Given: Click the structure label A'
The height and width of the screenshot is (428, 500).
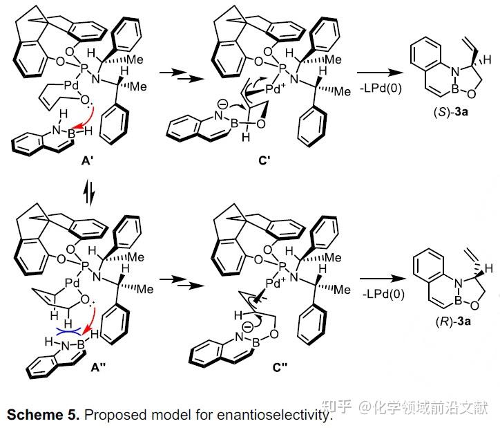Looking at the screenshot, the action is coord(87,160).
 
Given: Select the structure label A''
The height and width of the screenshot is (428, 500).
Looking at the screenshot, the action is coord(97,368).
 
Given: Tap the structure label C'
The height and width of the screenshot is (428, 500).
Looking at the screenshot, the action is coord(265,160).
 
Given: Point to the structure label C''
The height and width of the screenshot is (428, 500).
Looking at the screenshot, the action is coord(280,368).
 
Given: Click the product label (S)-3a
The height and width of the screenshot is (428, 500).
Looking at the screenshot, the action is coord(450,112).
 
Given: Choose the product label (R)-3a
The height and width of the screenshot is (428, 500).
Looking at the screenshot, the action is coord(453,321).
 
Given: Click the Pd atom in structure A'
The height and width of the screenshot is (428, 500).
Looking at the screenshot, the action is coord(71,86).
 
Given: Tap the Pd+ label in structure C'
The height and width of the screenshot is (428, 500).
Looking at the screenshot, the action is coord(276,89).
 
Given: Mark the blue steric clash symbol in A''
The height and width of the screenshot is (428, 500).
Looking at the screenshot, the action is coord(68,332).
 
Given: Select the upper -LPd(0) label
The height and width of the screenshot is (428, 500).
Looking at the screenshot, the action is coord(381,88).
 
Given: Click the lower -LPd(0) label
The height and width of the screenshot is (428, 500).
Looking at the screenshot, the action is coord(383,294).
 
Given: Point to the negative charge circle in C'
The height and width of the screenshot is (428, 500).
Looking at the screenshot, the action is coord(224,104).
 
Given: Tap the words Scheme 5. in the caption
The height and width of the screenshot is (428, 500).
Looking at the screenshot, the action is coord(43,415).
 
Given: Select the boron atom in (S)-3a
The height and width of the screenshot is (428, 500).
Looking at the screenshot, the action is coord(455,90).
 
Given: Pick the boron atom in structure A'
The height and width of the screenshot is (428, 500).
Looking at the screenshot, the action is coord(71,133).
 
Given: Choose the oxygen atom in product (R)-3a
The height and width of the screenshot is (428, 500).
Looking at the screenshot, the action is coord(474,306).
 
